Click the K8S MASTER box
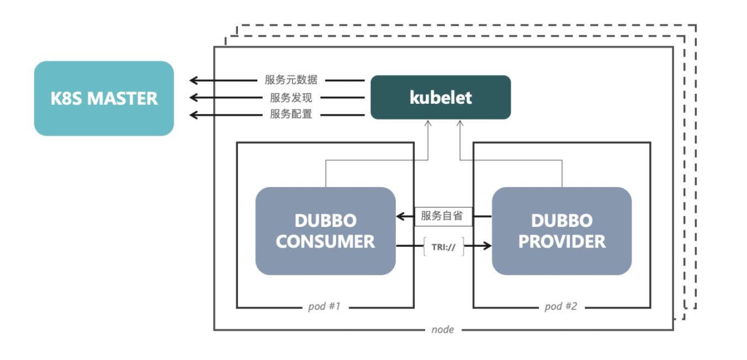click(x=104, y=98)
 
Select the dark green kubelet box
click(x=440, y=97)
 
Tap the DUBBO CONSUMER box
click(x=325, y=231)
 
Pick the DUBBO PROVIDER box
click(x=561, y=231)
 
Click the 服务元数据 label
click(x=291, y=80)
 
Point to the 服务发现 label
click(x=291, y=98)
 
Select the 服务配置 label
click(x=291, y=115)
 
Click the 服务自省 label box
click(x=443, y=216)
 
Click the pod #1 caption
click(x=325, y=306)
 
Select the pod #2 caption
click(x=560, y=306)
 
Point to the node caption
click(x=442, y=330)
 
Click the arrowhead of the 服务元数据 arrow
click(x=194, y=81)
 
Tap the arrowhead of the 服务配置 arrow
click(x=194, y=115)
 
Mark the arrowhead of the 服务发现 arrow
click(x=194, y=98)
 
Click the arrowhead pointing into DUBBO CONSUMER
click(x=400, y=216)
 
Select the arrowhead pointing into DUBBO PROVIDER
click(x=487, y=245)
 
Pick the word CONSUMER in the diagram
click(x=325, y=241)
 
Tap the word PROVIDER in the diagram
click(x=561, y=241)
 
